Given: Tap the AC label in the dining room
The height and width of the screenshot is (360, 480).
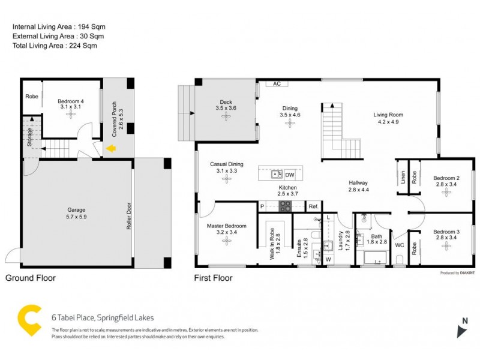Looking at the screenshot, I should (277, 84).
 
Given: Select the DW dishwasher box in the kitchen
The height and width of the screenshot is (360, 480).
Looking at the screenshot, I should (289, 175).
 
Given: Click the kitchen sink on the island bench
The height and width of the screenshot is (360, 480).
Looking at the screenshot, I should (277, 175).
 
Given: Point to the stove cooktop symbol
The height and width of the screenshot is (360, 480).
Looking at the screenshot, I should (284, 206).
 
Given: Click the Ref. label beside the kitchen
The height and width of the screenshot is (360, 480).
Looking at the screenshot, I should (313, 206).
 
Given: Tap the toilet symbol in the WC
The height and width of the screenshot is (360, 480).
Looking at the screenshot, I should (400, 259).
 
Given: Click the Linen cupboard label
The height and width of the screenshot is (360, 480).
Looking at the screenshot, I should (403, 178).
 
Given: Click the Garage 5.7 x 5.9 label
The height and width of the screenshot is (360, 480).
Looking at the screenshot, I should (76, 214).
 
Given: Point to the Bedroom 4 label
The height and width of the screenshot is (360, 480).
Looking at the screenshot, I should (70, 105).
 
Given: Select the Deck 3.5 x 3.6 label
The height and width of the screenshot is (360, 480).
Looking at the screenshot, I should (226, 105).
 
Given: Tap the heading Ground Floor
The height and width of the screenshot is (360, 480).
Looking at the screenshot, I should (31, 278).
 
